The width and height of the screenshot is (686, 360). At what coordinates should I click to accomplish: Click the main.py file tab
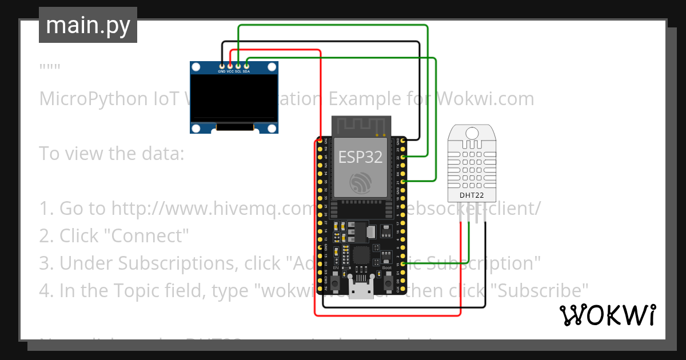click(88, 25)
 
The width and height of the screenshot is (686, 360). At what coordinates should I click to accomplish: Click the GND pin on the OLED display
click(222, 67)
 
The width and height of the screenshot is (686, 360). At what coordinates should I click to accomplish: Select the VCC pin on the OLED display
click(230, 67)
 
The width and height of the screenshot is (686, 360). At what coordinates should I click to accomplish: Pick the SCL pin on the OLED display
click(238, 67)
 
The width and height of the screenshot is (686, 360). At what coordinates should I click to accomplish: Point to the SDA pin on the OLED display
click(246, 67)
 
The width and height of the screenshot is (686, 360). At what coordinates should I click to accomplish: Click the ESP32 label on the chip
click(360, 157)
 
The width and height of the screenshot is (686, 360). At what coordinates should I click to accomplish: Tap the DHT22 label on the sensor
click(471, 195)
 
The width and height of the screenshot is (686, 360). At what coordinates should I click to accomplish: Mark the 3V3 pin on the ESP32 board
click(319, 140)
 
